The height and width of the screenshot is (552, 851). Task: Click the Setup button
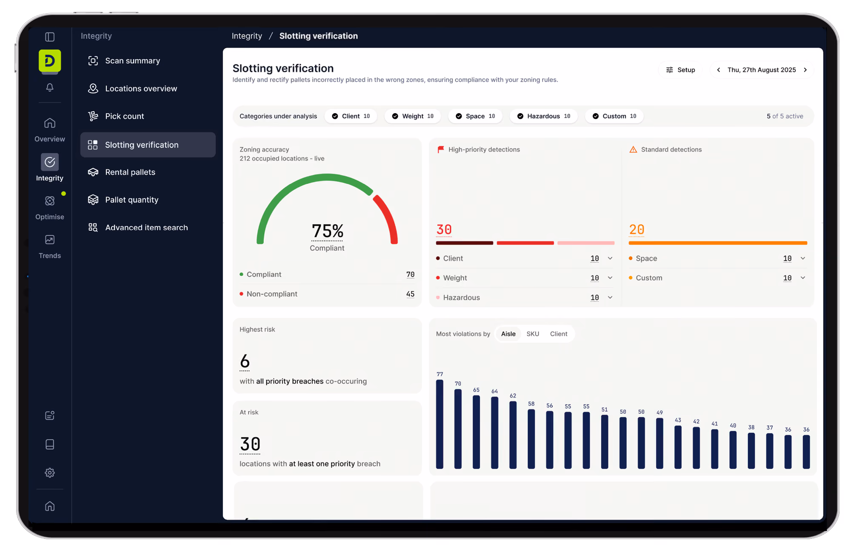[680, 70]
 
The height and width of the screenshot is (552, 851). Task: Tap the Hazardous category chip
[544, 116]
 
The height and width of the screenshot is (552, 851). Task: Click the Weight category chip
[413, 116]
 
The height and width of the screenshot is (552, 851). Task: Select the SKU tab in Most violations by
[533, 334]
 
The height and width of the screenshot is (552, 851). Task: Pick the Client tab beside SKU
[559, 334]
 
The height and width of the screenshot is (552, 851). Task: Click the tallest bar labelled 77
[440, 424]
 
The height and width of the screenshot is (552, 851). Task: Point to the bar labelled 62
[513, 435]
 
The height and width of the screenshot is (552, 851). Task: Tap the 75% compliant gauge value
[327, 231]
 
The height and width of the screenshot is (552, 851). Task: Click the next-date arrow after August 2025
[805, 70]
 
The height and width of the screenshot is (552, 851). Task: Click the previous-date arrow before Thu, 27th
[719, 70]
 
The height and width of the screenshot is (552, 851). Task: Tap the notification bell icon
[50, 87]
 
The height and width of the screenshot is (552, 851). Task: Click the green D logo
[50, 60]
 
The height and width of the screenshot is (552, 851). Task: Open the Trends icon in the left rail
[50, 240]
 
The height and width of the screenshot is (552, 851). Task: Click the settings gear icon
[50, 472]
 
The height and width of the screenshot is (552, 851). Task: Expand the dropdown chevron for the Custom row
[803, 278]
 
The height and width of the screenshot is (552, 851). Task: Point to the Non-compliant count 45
[410, 294]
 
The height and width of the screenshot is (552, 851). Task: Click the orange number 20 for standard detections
[637, 229]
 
